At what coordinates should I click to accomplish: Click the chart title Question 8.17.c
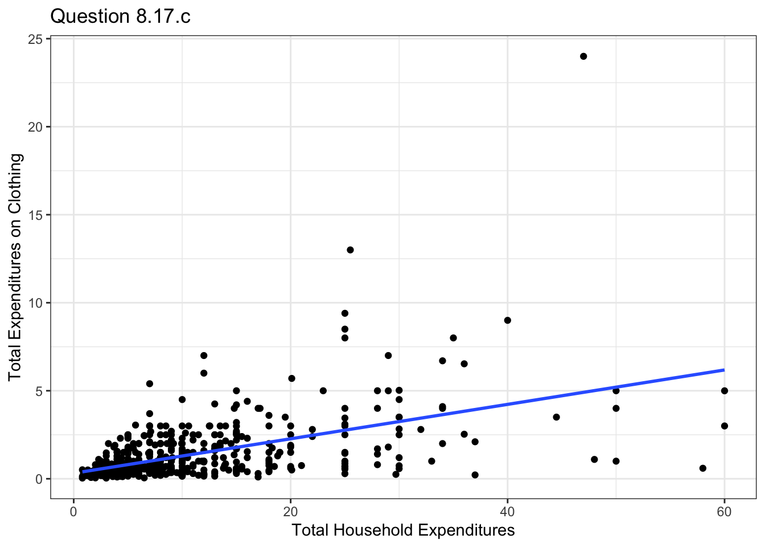120,17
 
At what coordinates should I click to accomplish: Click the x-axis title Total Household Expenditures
403,530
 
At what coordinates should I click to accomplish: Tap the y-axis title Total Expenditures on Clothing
15,267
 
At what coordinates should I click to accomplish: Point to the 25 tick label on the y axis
35,39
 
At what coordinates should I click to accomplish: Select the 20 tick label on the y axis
35,126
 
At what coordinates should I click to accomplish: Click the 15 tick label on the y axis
35,215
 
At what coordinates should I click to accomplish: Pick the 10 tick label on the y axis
35,303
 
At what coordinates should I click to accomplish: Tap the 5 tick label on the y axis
39,391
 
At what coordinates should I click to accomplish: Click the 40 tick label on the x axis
507,512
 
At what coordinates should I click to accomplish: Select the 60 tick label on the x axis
724,512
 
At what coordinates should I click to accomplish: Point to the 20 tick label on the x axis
290,512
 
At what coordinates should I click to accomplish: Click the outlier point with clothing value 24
583,56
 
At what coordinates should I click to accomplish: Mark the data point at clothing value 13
350,250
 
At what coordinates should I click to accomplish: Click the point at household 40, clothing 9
508,320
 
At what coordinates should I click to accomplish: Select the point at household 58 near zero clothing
703,468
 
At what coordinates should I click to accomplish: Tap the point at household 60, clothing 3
725,426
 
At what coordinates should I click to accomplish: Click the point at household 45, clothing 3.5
556,417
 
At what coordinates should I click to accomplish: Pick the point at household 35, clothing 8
453,338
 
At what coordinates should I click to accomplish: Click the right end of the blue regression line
723,370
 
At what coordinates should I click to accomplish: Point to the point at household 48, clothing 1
594,459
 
